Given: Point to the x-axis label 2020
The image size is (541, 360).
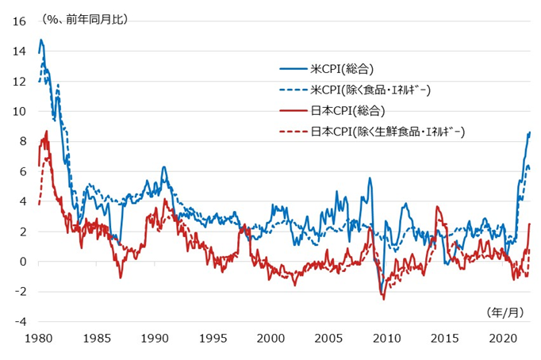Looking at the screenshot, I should point(505,339).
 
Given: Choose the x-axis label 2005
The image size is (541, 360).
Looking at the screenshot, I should point(330,339).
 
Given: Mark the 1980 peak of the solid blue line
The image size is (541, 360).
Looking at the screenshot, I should point(41,40).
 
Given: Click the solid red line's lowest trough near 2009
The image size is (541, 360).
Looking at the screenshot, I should point(384,299).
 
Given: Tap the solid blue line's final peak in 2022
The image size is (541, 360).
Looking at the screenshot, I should point(529,132).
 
